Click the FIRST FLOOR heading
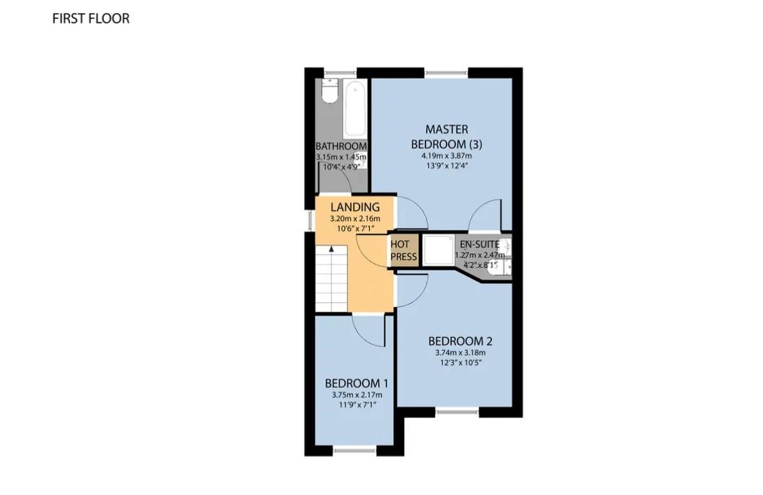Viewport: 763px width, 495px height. pos(91,18)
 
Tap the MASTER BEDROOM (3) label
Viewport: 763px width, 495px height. pos(447,137)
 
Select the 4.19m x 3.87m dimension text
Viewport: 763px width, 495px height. pos(447,156)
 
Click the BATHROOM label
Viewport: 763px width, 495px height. pos(341,146)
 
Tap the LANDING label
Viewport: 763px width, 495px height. pos(355,207)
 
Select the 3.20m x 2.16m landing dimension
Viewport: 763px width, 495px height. pos(355,218)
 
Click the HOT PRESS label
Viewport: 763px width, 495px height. pos(403,250)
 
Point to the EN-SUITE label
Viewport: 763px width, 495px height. pos(480,245)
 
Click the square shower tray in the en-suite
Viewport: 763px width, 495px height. pos(438,250)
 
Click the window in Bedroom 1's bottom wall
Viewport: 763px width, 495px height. pos(354,451)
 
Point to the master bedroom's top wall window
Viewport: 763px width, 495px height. pos(446,73)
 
